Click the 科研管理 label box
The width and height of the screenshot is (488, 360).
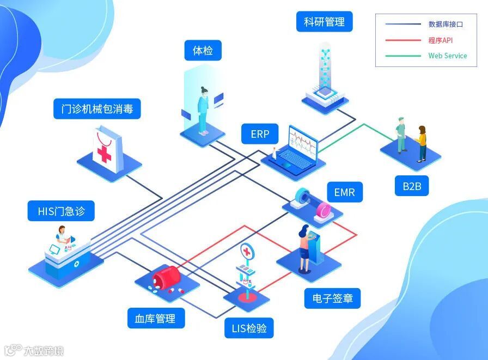[325, 22]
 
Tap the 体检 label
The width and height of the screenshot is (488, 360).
[203, 51]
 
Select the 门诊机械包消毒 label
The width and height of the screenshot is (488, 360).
[97, 109]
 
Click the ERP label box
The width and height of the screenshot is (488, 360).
[260, 134]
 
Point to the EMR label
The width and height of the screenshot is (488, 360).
[344, 192]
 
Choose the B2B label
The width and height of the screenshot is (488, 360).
[412, 186]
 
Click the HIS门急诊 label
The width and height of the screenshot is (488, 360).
[61, 211]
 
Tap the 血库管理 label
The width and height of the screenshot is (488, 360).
[155, 319]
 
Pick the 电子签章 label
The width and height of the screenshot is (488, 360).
[332, 298]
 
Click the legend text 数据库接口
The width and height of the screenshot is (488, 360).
[446, 25]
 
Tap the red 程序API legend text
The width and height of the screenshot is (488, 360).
[441, 40]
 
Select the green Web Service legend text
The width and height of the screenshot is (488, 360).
[447, 56]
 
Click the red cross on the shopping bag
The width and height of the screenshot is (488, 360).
[104, 153]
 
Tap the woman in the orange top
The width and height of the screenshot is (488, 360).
[422, 143]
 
